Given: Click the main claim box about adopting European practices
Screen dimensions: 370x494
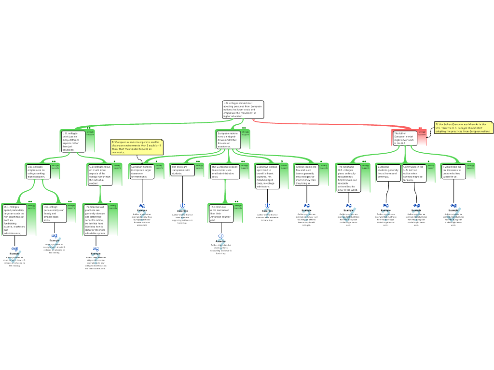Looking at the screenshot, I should (x=243, y=110).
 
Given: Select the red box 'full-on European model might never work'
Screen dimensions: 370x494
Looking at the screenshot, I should (x=404, y=138).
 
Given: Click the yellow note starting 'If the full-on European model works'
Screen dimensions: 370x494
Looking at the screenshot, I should (x=463, y=128).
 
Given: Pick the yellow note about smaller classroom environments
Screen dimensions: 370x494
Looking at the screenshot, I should (x=137, y=147).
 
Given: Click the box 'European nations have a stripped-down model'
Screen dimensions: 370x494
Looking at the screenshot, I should (x=228, y=140).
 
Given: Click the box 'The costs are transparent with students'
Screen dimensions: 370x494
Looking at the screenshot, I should (x=183, y=170).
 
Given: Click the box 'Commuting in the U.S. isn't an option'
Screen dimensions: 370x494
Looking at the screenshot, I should (x=414, y=173).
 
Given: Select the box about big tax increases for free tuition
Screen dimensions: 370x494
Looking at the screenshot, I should (x=453, y=172).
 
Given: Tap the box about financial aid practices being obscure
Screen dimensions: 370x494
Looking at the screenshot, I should (x=96, y=220).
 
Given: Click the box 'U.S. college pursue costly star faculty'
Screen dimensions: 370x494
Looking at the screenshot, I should (x=54, y=213).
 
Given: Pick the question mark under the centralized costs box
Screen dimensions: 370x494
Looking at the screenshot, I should (x=221, y=244).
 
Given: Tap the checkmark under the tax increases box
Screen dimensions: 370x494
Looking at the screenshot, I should (x=453, y=214).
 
